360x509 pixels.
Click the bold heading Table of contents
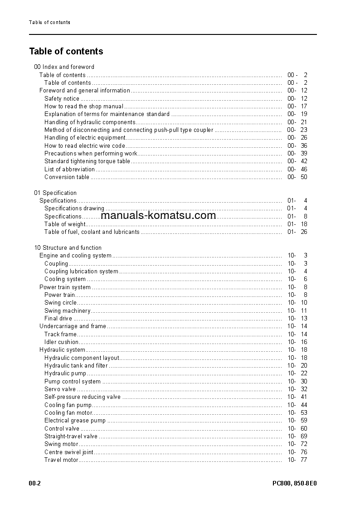(x=66, y=51)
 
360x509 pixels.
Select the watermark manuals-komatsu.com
(x=158, y=215)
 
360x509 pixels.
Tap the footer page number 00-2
(x=35, y=483)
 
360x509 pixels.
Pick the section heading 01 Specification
(x=55, y=193)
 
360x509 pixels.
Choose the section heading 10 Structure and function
(x=68, y=247)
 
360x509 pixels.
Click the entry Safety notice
(x=62, y=98)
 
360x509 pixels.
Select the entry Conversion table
(x=67, y=177)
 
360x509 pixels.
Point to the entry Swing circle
(x=60, y=302)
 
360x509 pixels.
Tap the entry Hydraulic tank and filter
(x=76, y=365)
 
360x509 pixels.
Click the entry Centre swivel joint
(x=69, y=452)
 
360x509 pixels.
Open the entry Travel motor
(x=61, y=460)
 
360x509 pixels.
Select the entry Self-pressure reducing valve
(x=83, y=397)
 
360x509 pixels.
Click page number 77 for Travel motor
(x=304, y=460)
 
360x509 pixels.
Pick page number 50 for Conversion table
(x=304, y=177)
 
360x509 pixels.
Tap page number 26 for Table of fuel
(x=304, y=232)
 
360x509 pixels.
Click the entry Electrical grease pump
(x=75, y=420)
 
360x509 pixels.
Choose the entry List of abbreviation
(x=69, y=169)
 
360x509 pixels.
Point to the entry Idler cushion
(x=61, y=342)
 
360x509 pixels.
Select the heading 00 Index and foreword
(x=64, y=67)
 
